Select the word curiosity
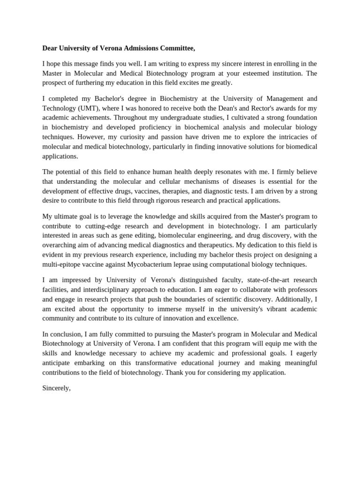click(x=135, y=136)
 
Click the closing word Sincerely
click(x=56, y=388)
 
